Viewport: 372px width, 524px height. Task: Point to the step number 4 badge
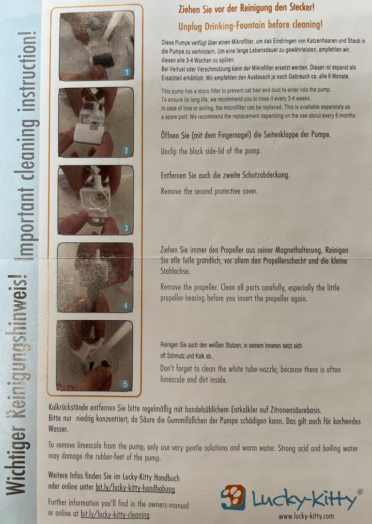(x=125, y=305)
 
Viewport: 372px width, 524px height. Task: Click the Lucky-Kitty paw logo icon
(x=233, y=497)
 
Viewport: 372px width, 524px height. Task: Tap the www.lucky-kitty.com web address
(x=306, y=515)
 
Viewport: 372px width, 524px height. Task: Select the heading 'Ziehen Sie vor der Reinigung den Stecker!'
(x=246, y=8)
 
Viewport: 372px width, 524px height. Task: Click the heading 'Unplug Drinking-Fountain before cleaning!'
(x=250, y=24)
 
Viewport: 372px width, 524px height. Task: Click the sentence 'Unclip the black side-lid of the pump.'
(x=211, y=151)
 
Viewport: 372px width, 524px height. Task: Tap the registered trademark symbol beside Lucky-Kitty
(x=359, y=493)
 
